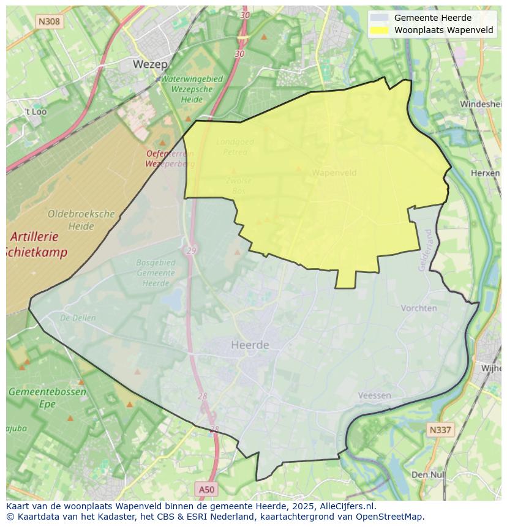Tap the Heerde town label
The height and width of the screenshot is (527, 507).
pos(250,345)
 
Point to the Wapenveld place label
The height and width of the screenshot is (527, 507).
pos(334,173)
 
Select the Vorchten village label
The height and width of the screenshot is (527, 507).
pos(419,308)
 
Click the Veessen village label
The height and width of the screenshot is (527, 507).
pos(374,395)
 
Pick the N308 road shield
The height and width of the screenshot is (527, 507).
pos(49,21)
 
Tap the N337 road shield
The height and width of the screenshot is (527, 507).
pos(440,430)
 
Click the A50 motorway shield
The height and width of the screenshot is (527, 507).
pos(207,489)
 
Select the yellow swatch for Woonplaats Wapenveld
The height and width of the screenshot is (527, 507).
pos(379,30)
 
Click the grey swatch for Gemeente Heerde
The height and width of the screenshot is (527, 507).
pos(379,18)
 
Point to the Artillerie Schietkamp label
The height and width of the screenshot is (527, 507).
pos(37,244)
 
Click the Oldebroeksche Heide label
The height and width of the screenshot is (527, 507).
pos(81,220)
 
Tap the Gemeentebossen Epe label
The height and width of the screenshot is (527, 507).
pos(47,398)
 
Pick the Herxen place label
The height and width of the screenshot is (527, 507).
pos(485,173)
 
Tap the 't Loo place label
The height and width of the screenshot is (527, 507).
pos(36,112)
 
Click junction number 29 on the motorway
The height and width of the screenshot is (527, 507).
pos(192,251)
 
